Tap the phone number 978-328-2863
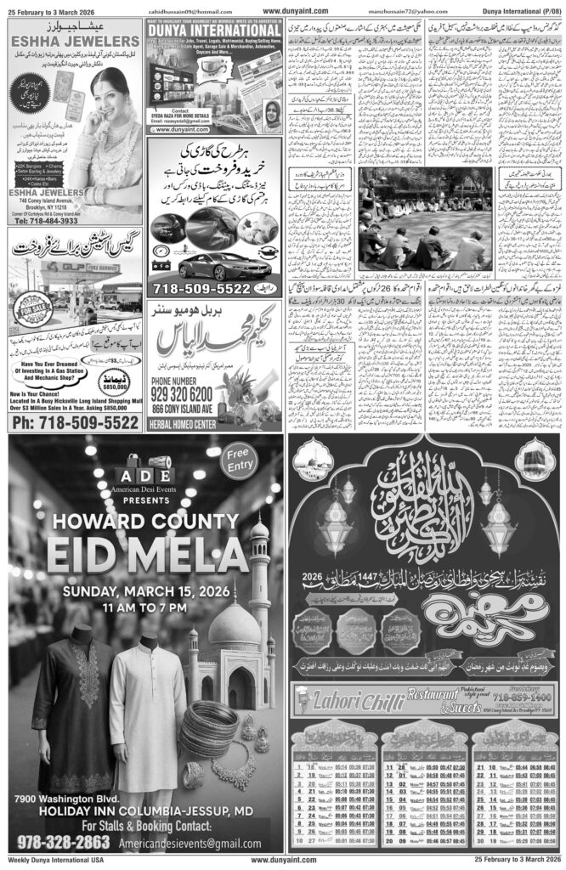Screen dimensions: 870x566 (62, 841)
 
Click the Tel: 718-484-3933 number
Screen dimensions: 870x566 (56, 220)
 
